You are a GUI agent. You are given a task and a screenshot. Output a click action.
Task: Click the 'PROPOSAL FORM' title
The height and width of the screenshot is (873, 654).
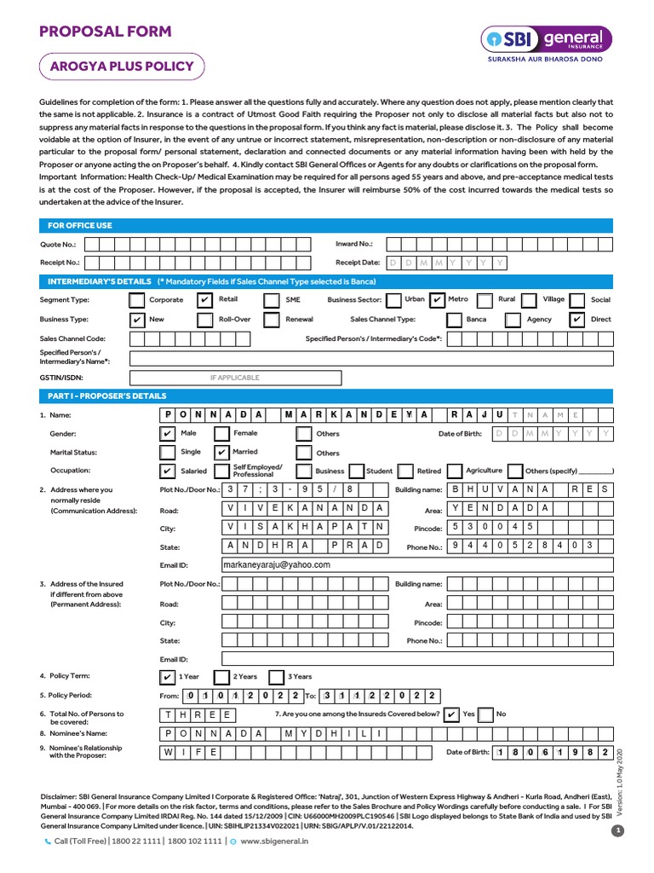click(x=105, y=32)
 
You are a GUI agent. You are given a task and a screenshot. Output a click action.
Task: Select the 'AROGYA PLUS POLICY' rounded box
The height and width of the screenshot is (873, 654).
click(x=122, y=66)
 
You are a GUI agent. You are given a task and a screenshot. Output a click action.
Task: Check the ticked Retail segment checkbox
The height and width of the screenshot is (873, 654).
click(x=204, y=300)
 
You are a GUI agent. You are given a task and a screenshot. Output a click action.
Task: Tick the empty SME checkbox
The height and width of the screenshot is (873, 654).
click(x=271, y=300)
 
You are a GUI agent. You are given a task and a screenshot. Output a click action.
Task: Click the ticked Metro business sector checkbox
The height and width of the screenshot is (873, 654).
click(x=436, y=300)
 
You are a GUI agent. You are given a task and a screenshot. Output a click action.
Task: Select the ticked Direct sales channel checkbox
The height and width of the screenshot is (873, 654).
click(x=577, y=320)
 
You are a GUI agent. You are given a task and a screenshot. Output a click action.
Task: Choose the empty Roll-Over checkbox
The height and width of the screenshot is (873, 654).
click(x=204, y=320)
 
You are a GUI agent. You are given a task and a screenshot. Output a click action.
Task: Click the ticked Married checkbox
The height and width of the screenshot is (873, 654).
click(x=221, y=453)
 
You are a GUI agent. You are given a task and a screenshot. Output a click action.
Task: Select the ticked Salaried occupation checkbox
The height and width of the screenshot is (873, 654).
click(x=168, y=471)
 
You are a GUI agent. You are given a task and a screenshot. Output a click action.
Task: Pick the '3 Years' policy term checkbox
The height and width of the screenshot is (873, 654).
click(x=275, y=677)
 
